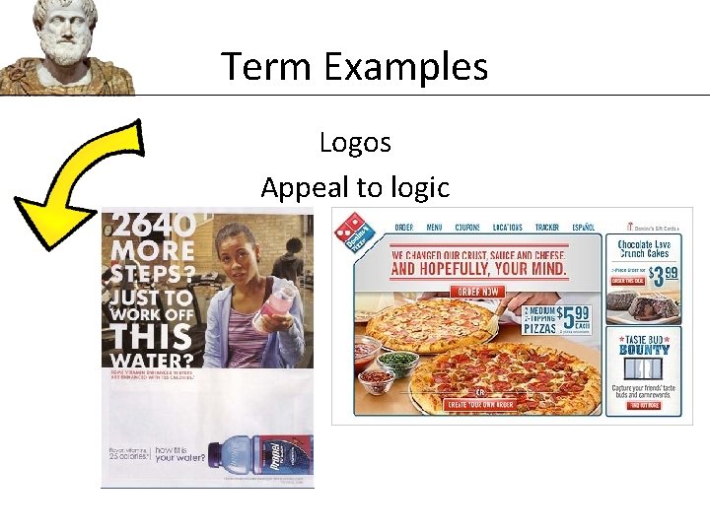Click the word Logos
[x=355, y=143]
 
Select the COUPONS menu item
[x=467, y=228]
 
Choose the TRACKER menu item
[x=546, y=228]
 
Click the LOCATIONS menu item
[x=507, y=228]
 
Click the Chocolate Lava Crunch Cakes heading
[x=643, y=248]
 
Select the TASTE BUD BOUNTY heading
[x=643, y=344]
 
